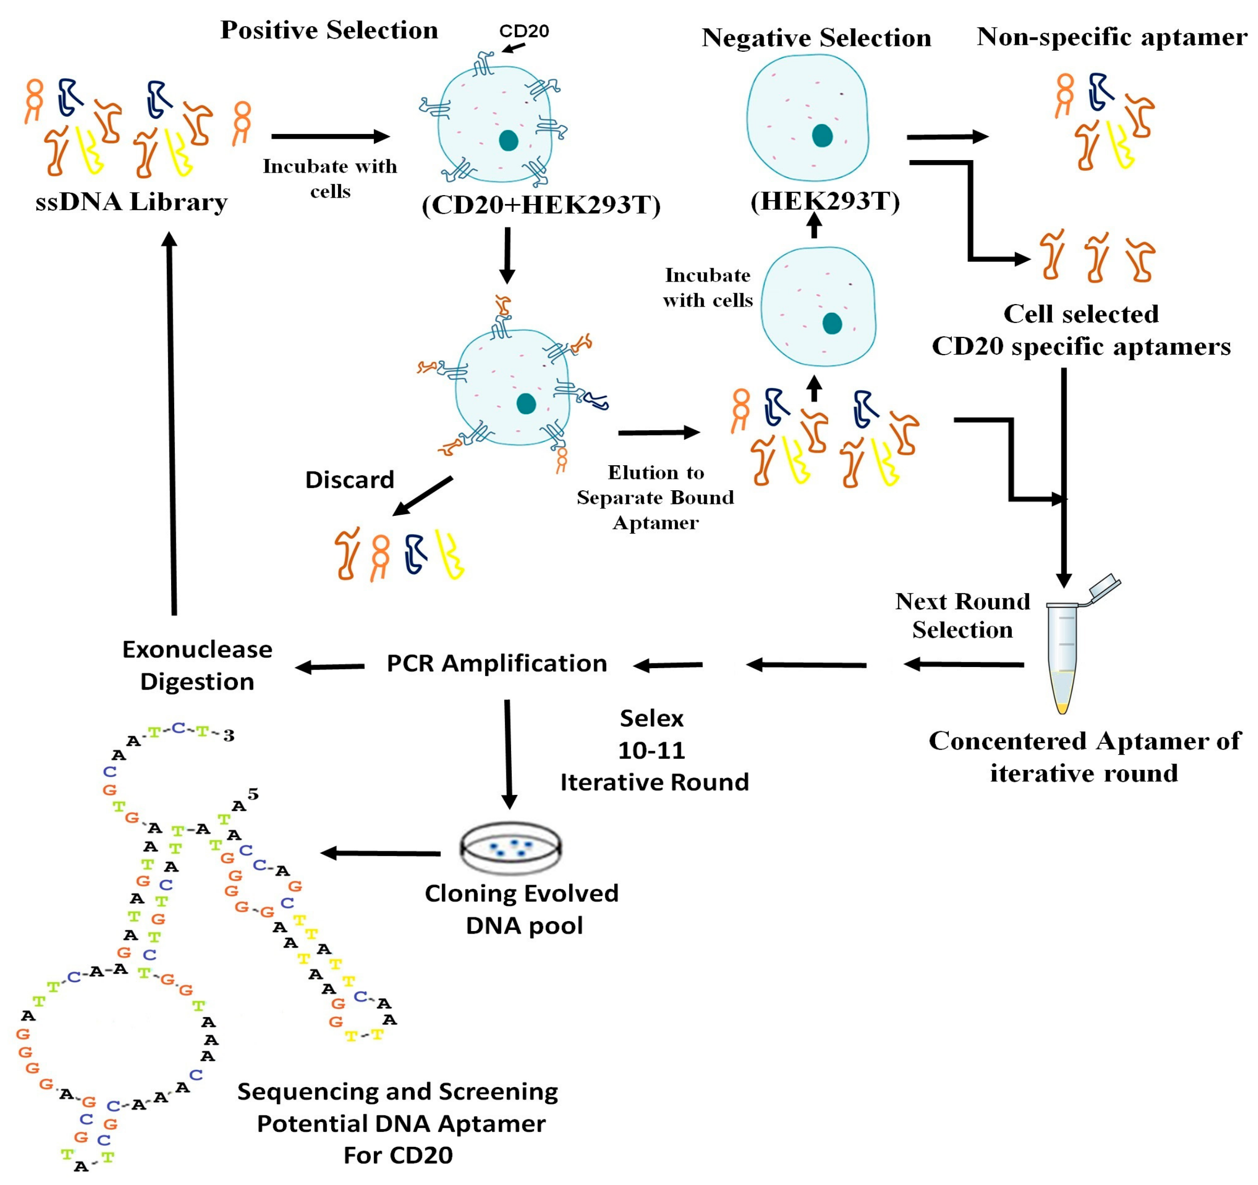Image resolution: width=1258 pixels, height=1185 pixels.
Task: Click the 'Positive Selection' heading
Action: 329,30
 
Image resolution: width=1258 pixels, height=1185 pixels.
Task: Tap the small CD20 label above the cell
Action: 524,30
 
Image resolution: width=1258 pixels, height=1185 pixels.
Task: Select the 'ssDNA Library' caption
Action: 131,202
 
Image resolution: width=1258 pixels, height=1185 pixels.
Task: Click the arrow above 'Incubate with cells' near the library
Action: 330,136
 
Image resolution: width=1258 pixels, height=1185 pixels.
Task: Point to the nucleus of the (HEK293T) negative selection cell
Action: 822,136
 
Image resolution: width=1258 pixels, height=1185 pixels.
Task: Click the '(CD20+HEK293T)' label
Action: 541,205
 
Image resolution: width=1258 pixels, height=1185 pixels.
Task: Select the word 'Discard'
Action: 349,479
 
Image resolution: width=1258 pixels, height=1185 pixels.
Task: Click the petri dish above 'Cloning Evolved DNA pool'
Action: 510,848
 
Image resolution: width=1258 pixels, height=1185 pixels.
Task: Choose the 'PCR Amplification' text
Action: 497,663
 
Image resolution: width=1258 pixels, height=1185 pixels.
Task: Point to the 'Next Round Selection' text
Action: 962,615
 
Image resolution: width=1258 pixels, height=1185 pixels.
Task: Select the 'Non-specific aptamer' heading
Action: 1112,37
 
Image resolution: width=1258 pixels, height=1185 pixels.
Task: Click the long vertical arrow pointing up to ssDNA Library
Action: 172,424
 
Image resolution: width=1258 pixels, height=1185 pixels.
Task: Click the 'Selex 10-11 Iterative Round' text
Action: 653,751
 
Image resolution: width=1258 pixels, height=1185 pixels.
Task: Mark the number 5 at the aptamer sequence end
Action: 253,794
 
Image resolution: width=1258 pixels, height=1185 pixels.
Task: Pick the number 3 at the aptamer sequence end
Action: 228,735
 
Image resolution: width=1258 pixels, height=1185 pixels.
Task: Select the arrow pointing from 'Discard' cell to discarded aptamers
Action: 422,496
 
